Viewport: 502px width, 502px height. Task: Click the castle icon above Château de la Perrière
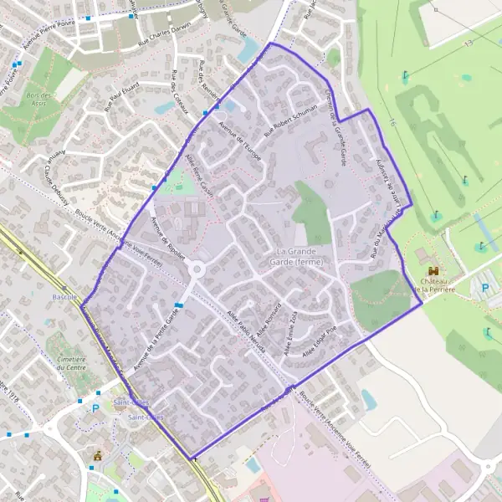click(433, 271)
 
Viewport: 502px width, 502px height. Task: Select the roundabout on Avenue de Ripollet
click(198, 269)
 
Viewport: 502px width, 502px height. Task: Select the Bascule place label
click(64, 298)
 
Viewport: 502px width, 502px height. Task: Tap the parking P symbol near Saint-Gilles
click(95, 408)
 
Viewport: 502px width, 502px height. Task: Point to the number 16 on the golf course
click(392, 123)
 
